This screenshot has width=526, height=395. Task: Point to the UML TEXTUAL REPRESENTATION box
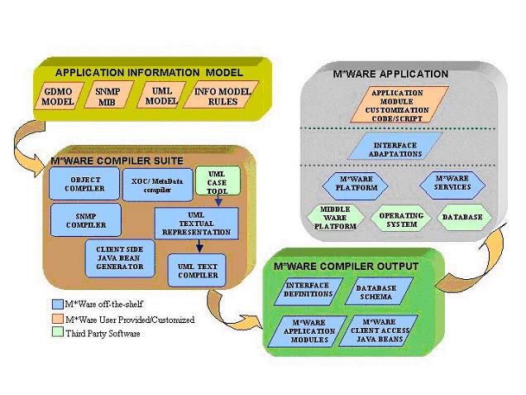(196, 223)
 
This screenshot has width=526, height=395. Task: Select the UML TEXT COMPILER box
(197, 270)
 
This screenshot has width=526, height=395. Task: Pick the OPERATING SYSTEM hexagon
(402, 219)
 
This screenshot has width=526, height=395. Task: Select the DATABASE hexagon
(461, 218)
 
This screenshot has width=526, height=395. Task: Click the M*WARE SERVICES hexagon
(452, 183)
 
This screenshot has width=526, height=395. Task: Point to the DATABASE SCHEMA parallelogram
(377, 292)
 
